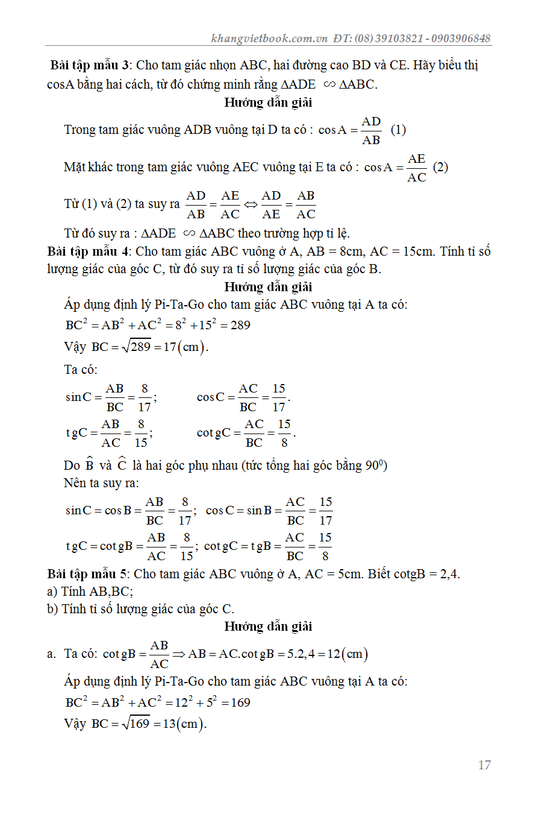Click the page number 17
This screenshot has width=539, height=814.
click(484, 765)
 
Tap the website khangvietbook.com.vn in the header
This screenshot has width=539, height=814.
click(269, 38)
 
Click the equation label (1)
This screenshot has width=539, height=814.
click(398, 130)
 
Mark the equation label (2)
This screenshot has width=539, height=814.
click(440, 167)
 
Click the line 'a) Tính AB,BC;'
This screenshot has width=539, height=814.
click(90, 592)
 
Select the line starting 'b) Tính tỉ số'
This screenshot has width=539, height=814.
click(140, 609)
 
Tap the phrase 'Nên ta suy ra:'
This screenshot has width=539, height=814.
click(101, 483)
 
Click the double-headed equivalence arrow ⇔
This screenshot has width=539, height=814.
click(251, 205)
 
